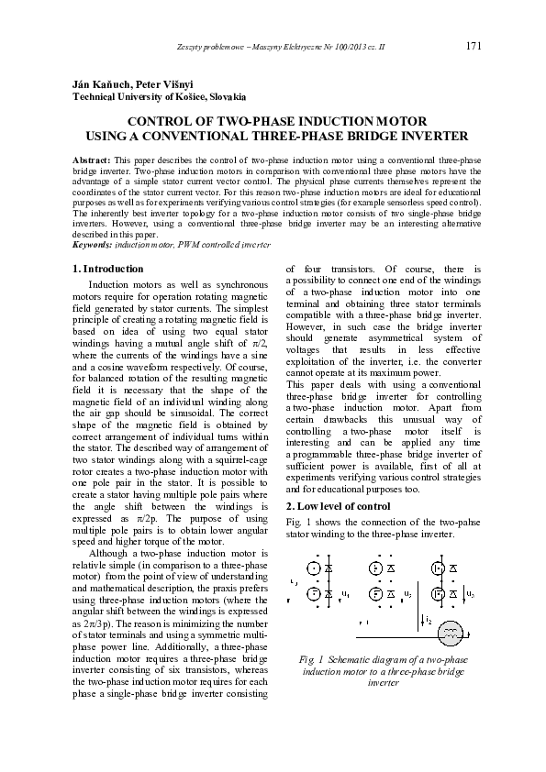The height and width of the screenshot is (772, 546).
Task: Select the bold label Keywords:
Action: [x=94, y=245]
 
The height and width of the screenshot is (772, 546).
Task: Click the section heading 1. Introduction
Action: [x=107, y=269]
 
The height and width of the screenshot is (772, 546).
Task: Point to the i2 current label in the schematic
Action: [x=429, y=621]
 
